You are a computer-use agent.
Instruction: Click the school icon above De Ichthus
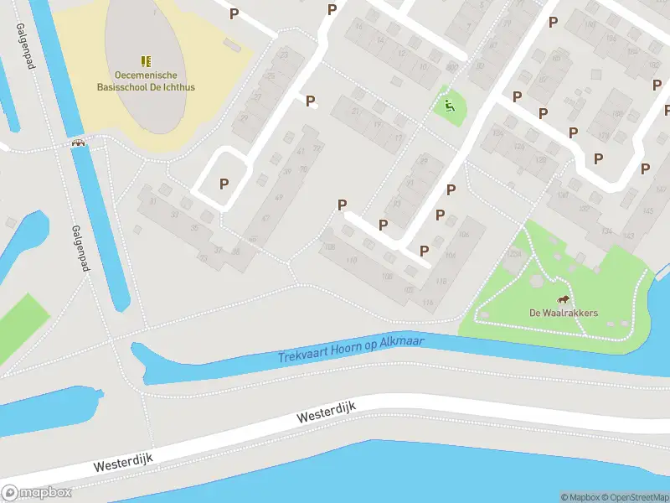pos(146,61)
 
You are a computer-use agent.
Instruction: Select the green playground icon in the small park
pos(450,106)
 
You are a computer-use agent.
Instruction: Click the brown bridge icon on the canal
pos(80,143)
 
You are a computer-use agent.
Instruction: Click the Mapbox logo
pos(35,492)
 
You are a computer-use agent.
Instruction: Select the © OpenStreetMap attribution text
pos(633,497)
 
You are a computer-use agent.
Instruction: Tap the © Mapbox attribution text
pos(579,497)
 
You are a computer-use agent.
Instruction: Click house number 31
pos(153,201)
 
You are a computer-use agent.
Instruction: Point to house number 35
pos(195,228)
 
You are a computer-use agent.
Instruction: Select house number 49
pos(278,198)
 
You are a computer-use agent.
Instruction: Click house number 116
pos(429,303)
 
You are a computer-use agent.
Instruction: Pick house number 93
pos(410,182)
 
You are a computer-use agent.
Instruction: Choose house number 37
pos(218,249)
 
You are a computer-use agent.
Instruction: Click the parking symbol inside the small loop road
pos(224,184)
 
